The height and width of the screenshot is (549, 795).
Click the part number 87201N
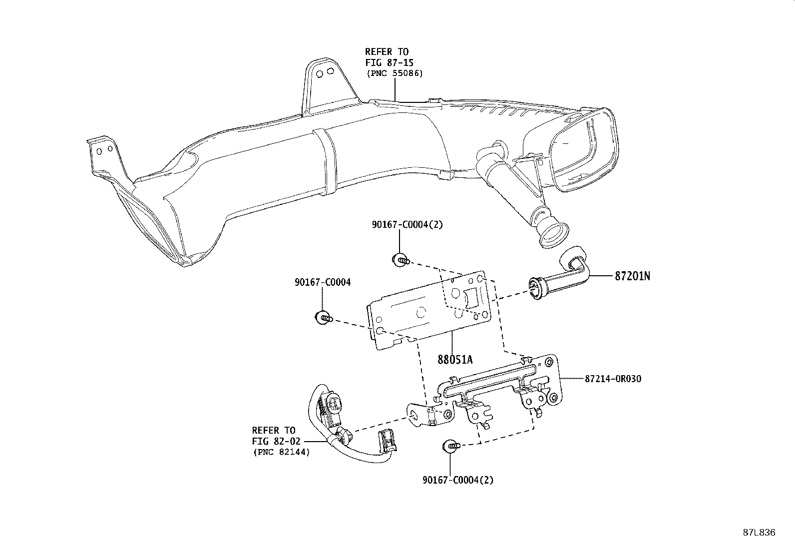click(x=632, y=276)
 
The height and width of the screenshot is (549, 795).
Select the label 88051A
click(x=455, y=360)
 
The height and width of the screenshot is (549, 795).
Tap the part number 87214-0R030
click(x=613, y=379)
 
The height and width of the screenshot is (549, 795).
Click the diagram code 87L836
click(x=759, y=533)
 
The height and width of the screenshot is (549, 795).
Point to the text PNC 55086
click(x=395, y=73)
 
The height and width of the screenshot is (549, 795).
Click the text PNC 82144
click(x=282, y=452)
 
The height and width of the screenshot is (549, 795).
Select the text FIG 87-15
click(x=390, y=62)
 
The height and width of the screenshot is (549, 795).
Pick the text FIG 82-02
click(x=276, y=441)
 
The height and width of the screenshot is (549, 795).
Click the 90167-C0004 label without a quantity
click(x=323, y=282)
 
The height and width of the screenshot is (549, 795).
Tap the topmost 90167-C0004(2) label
click(x=407, y=224)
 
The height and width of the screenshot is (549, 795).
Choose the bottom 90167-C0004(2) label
click(x=458, y=480)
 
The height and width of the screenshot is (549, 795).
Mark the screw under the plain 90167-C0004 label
click(x=324, y=317)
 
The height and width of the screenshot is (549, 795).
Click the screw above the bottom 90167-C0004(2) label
click(x=451, y=446)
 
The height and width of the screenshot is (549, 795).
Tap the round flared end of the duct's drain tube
click(x=552, y=234)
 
